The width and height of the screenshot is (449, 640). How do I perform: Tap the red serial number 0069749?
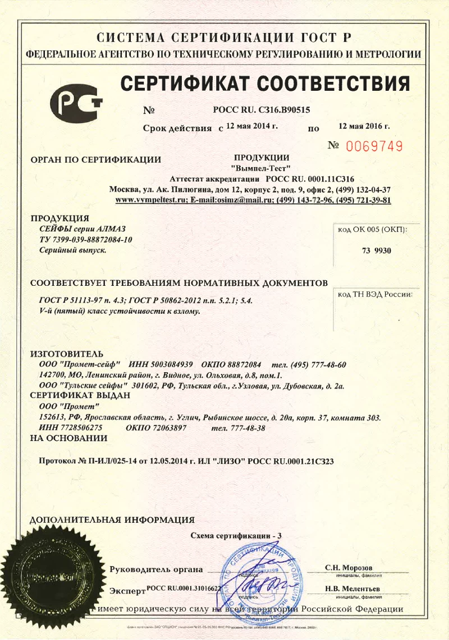pyautogui.click(x=374, y=147)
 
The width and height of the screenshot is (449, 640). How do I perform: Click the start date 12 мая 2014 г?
pyautogui.click(x=252, y=126)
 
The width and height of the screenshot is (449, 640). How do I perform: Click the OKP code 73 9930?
pyautogui.click(x=377, y=251)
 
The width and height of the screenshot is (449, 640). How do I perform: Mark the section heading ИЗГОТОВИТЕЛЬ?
pyautogui.click(x=66, y=354)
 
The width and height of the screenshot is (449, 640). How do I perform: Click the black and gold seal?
pyautogui.click(x=52, y=577)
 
